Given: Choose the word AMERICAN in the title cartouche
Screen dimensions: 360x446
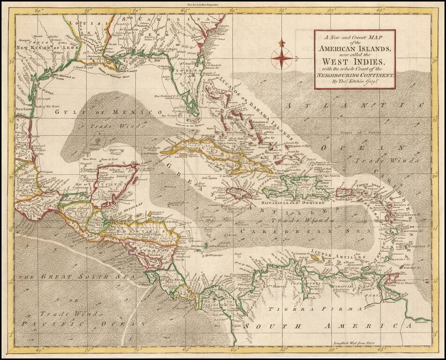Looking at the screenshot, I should click(x=354, y=49).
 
